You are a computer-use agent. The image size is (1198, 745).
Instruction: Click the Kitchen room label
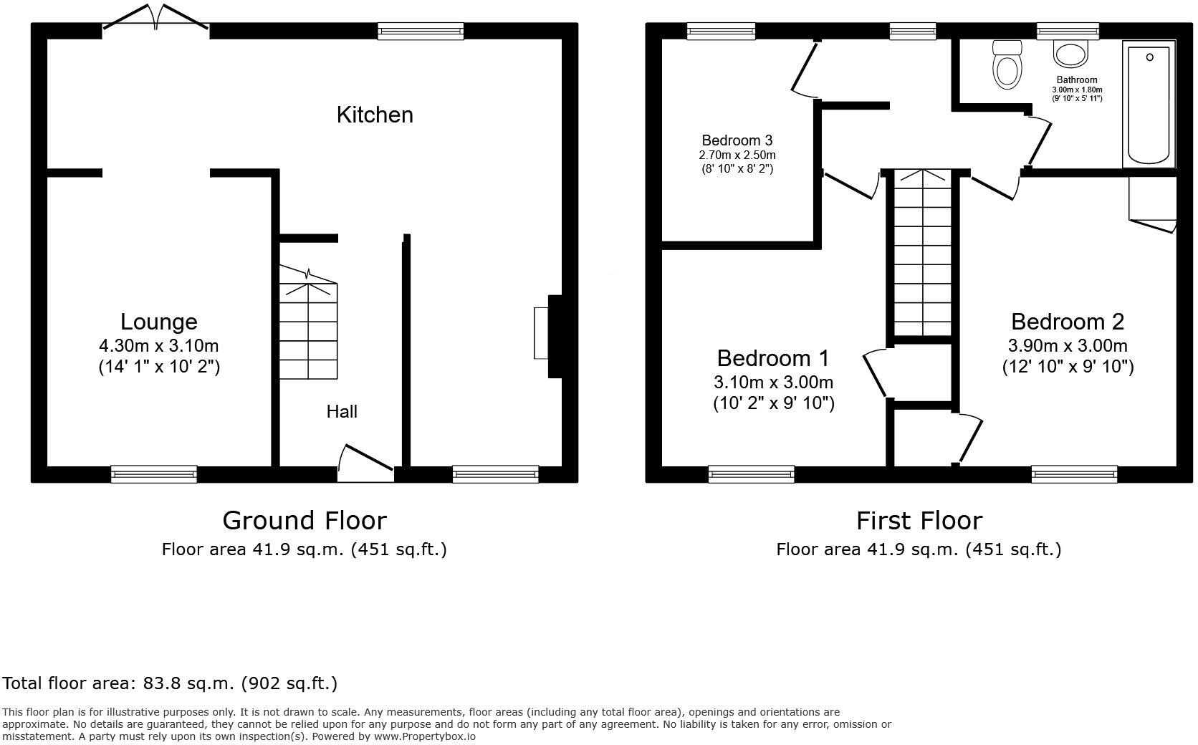click(x=375, y=115)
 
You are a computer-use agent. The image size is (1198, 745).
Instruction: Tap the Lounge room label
click(x=158, y=322)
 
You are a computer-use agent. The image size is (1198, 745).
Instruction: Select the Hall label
click(x=342, y=412)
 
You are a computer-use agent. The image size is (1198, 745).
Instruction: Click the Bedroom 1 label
click(x=773, y=357)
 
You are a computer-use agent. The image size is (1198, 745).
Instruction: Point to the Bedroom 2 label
click(x=1068, y=322)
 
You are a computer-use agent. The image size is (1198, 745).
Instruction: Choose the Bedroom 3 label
click(x=737, y=140)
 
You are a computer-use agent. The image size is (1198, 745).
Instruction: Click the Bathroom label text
click(x=1076, y=80)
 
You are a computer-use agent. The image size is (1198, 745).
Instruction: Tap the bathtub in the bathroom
click(x=1149, y=103)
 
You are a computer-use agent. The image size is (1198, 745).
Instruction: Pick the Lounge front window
click(x=153, y=473)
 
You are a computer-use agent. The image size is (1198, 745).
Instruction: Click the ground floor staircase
click(x=307, y=326)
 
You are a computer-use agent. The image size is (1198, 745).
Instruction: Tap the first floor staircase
click(x=922, y=254)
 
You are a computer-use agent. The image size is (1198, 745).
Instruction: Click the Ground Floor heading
click(x=305, y=520)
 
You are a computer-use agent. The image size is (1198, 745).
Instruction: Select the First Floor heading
click(x=919, y=520)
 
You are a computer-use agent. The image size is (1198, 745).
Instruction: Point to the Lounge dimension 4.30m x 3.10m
click(x=158, y=346)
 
